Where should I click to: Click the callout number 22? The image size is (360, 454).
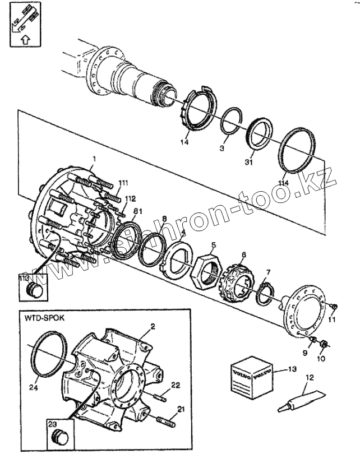point(176,384)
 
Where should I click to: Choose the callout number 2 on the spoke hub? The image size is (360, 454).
point(153,326)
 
